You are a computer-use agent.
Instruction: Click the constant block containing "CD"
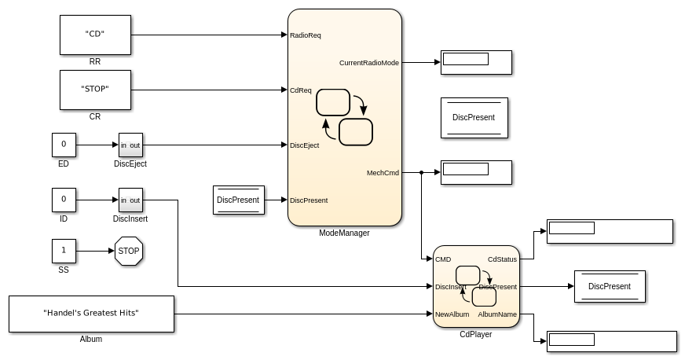[95, 35]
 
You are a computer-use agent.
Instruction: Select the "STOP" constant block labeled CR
[95, 90]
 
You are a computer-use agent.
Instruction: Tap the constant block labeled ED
[64, 145]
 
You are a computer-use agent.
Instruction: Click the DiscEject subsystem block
[130, 145]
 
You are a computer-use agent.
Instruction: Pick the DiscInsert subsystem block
[130, 200]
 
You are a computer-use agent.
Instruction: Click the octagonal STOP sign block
[128, 252]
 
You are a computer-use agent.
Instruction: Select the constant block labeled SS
[64, 252]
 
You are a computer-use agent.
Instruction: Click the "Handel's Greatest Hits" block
[91, 314]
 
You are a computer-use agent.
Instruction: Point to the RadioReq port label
[306, 35]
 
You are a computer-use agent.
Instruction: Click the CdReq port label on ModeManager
[301, 90]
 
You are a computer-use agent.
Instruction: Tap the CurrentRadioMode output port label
[369, 63]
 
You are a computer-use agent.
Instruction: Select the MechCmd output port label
[383, 173]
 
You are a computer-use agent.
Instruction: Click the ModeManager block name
[344, 233]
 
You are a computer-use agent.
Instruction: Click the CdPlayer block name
[476, 334]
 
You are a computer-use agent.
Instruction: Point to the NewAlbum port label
[452, 314]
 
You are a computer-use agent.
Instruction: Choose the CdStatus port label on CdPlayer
[502, 259]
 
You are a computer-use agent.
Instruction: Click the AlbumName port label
[497, 314]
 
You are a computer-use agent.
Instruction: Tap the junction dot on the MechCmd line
[422, 172]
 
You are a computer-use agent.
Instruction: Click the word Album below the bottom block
[91, 340]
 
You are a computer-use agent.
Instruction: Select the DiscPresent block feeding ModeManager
[238, 200]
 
